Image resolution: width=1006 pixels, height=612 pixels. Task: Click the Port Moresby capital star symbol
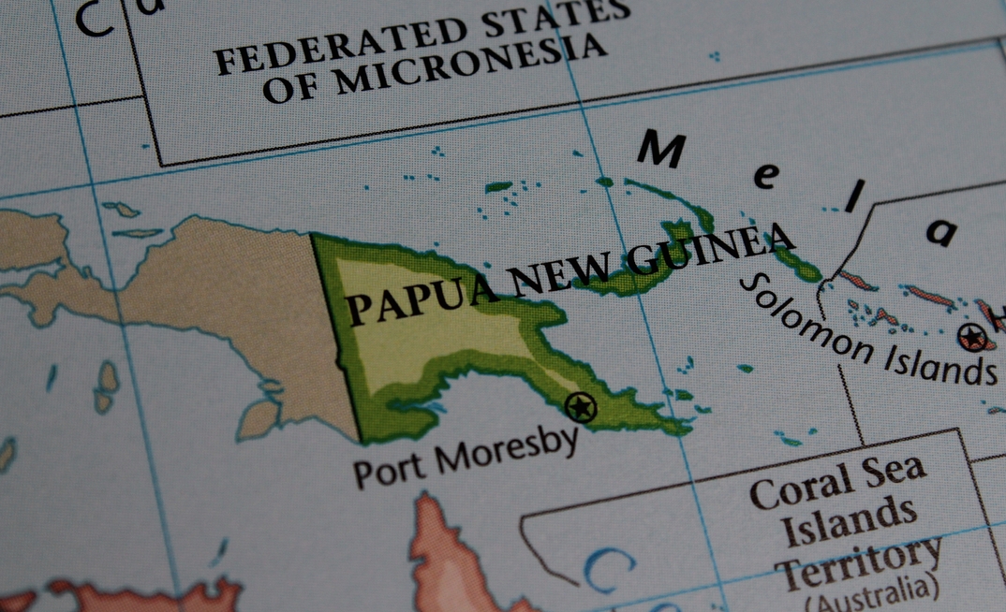(x=582, y=407)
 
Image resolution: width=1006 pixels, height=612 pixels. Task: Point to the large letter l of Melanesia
(x=852, y=199)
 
